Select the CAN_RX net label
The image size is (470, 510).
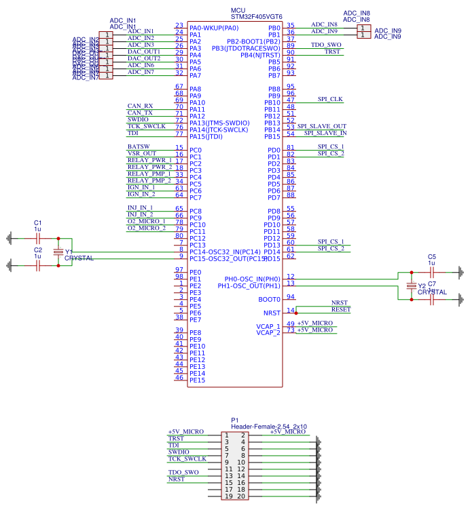click(140, 106)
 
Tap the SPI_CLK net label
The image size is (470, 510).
click(330, 99)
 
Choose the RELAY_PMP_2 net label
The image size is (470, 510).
click(149, 180)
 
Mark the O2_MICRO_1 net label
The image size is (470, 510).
click(146, 221)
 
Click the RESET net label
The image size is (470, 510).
click(341, 309)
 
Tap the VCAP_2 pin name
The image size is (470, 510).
click(268, 333)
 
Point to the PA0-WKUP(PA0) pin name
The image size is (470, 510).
click(214, 28)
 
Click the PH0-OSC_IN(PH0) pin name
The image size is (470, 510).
click(253, 279)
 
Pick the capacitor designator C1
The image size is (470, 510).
click(38, 223)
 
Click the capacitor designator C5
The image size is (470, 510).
click(431, 257)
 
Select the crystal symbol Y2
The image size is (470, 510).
click(410, 286)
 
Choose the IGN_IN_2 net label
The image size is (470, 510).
click(141, 194)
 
